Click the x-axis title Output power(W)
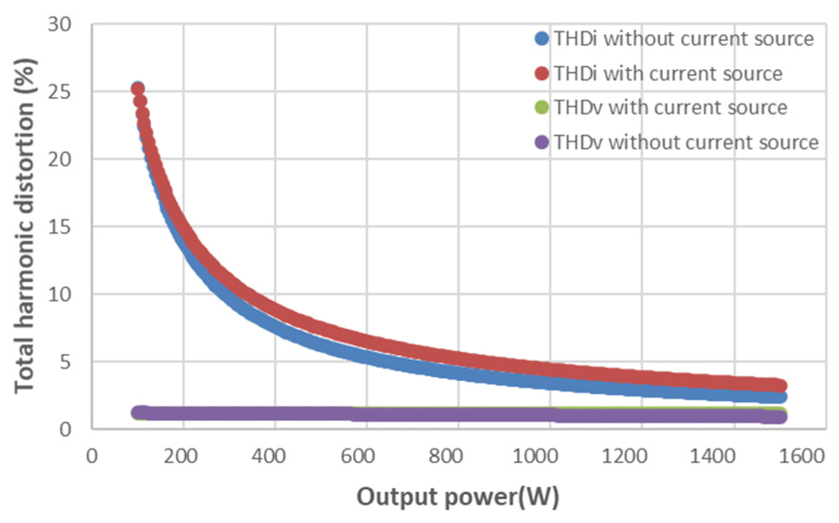tap(458, 497)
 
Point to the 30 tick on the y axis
tap(59, 24)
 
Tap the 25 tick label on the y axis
tap(59, 92)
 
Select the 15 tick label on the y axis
tap(59, 226)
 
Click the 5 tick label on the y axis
tap(65, 362)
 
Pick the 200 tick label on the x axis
tap(180, 456)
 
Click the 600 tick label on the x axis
tap(358, 456)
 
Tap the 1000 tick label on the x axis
tap(535, 456)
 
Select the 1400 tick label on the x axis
tap(713, 456)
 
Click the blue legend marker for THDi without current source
tap(542, 39)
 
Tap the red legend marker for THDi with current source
tap(542, 73)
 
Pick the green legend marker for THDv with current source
tap(542, 107)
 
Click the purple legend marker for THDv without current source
tap(542, 142)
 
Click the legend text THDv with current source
tap(670, 107)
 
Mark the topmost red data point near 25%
tap(138, 89)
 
